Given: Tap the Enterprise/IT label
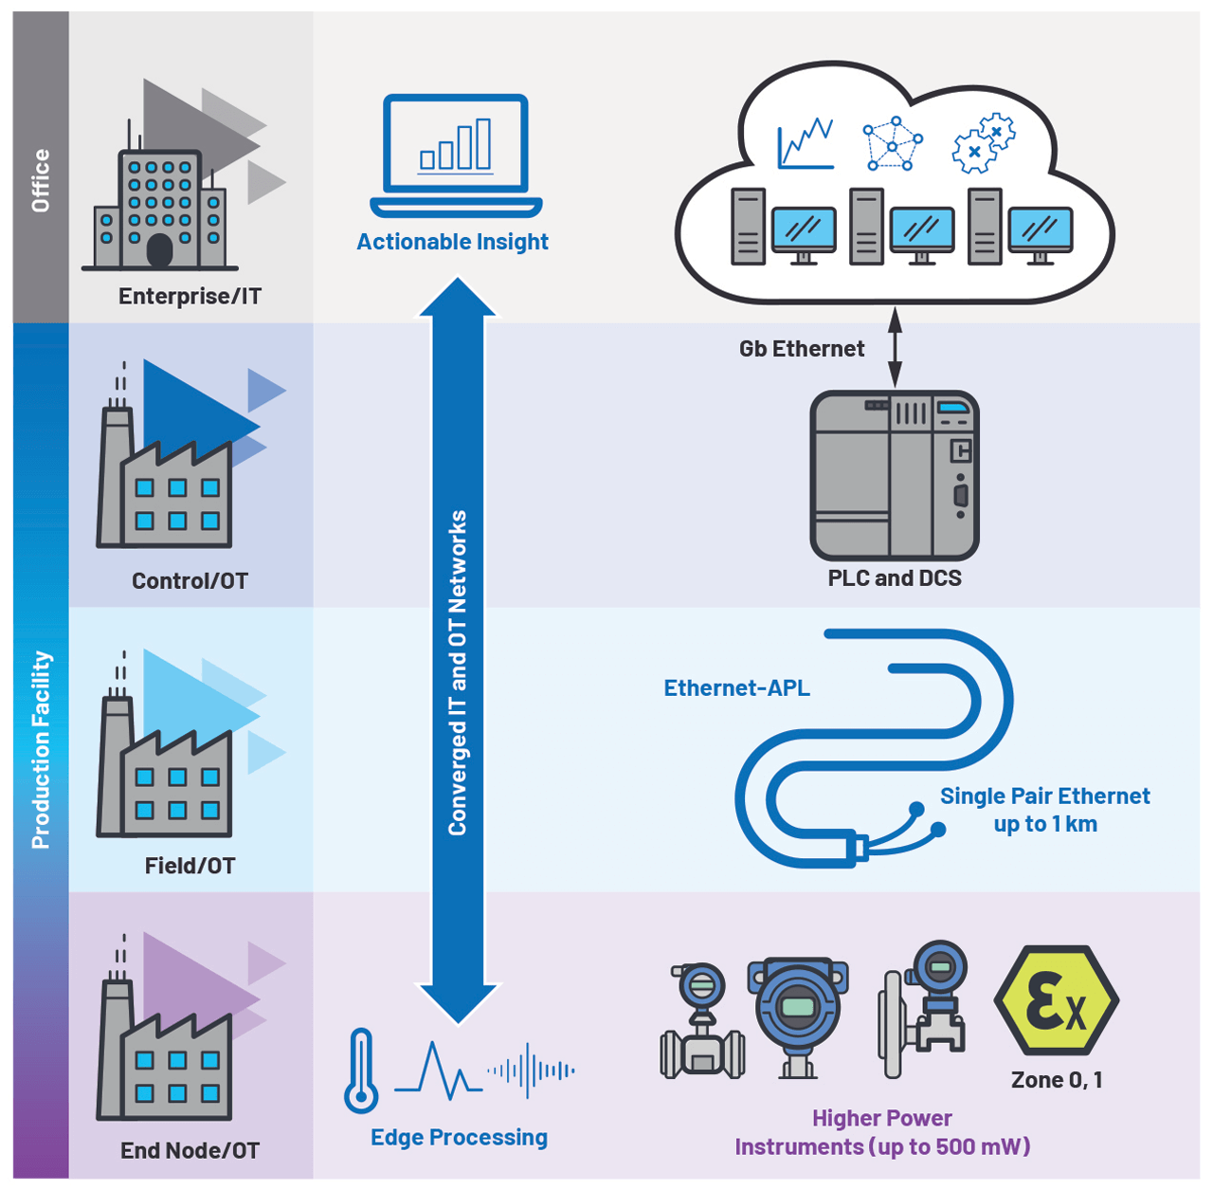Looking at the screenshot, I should point(190,296).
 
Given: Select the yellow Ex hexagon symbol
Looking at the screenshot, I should point(1056,1001).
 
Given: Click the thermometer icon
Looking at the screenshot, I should point(361,1071).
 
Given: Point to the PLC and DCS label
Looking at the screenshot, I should point(894,578).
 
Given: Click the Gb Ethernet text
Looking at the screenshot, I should point(801,349).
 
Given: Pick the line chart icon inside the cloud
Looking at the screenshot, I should point(805,144).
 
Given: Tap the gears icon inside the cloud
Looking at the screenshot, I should point(983,144).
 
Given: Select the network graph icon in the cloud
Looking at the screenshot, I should point(892,144).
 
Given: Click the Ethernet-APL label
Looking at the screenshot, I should point(736,688).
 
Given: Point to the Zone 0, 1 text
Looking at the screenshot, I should point(1056,1080).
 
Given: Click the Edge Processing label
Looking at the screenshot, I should point(459,1137).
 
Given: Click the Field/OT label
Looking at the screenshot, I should point(190,866).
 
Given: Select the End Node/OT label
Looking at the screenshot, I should point(190,1150).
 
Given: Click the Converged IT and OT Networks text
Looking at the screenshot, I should point(458,673).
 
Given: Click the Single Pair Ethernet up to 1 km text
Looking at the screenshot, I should point(1044,810).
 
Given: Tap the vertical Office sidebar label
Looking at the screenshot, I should point(41,180).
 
